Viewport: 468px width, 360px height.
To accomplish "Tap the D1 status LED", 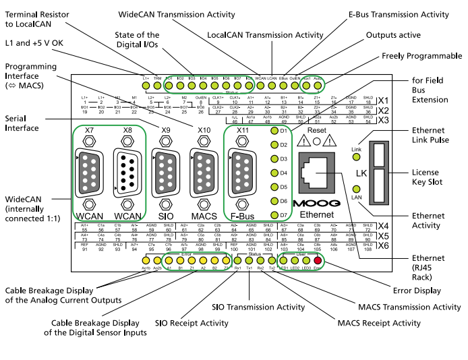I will (x=274, y=130).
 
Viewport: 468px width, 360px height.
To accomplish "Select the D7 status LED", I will (x=274, y=215).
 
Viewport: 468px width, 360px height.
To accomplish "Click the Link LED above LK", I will (x=356, y=158).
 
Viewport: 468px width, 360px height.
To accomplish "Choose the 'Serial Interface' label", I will (x=24, y=122).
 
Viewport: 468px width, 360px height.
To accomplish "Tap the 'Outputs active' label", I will (x=396, y=34).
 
